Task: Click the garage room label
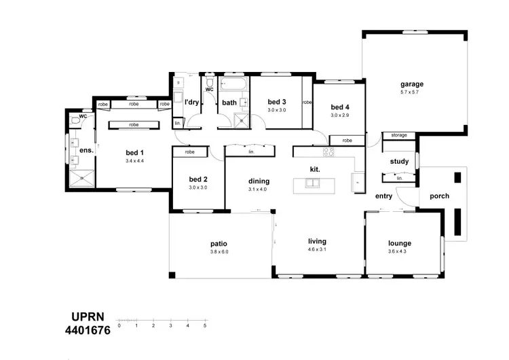pos(411,84)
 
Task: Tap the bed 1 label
pos(134,153)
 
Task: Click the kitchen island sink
pos(312,183)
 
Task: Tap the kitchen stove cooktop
pos(328,151)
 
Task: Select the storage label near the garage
pos(399,135)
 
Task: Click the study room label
pos(399,162)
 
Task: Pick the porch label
pos(439,196)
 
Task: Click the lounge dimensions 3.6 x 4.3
pos(400,251)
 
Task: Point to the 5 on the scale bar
pos(205,326)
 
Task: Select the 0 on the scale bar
pos(119,326)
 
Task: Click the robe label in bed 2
pos(189,152)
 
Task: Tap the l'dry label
pos(192,102)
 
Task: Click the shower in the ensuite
pos(81,179)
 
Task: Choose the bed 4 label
pos(339,107)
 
